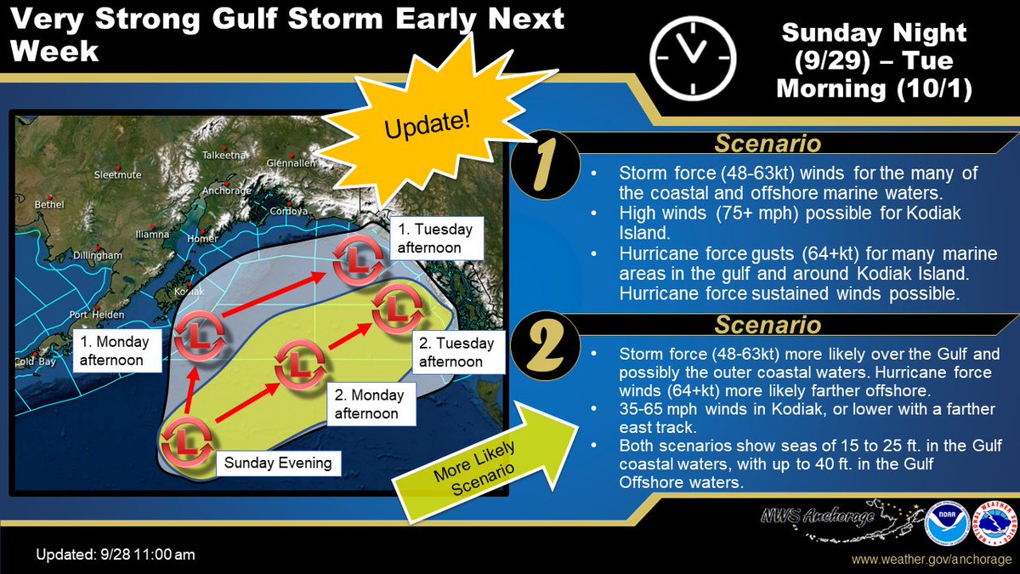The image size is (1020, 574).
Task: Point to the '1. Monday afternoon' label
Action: point(116,350)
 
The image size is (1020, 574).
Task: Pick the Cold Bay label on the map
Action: point(34,361)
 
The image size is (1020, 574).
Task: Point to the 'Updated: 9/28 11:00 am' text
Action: point(116,554)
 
